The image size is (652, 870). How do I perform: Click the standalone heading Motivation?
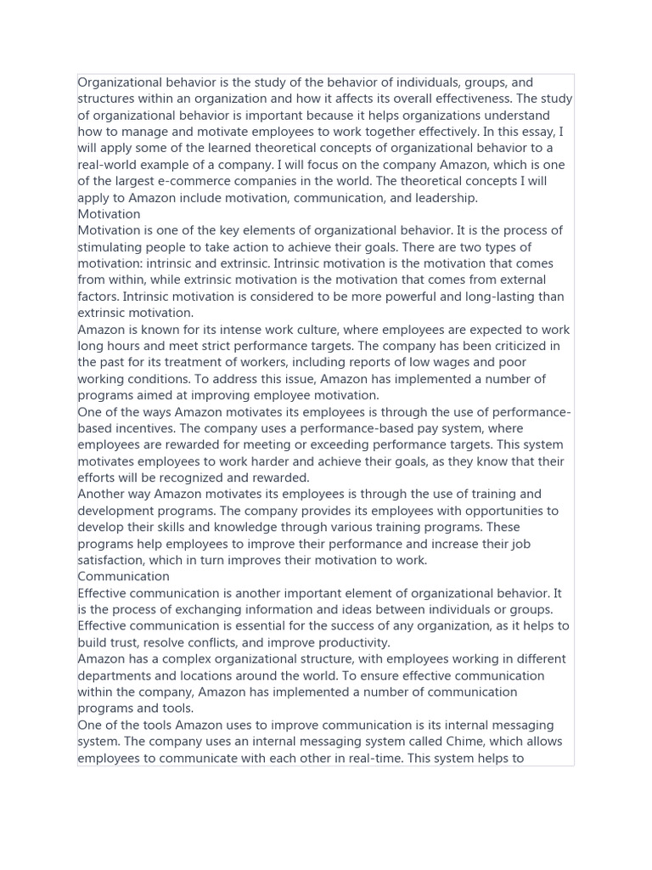[109, 214]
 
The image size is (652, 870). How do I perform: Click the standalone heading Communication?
[123, 577]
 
